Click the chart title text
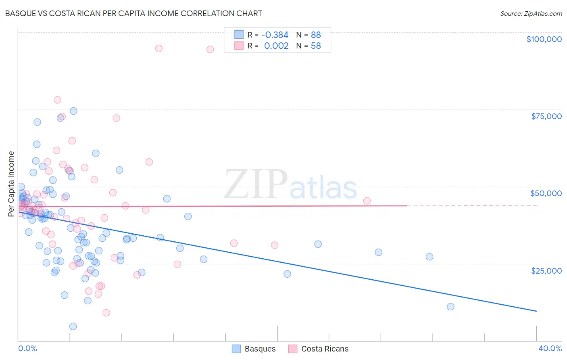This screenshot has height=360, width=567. [133, 13]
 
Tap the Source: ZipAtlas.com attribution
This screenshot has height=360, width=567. [531, 13]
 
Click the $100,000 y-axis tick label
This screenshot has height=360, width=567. [544, 39]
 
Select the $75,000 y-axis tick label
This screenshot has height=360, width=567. [546, 116]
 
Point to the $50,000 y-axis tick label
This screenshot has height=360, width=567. [546, 193]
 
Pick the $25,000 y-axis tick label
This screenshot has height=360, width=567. [546, 271]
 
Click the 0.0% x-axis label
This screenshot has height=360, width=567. [27, 348]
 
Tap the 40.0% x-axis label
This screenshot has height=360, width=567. [550, 348]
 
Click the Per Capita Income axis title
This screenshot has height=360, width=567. [11, 184]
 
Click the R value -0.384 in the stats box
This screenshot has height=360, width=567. [275, 35]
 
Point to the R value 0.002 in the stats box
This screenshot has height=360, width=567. [276, 46]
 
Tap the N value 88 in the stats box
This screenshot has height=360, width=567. [316, 35]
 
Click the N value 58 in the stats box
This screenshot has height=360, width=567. [316, 46]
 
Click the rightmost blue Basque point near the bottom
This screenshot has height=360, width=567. [450, 307]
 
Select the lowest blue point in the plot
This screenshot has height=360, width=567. [73, 327]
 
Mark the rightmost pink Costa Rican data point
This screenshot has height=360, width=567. [367, 201]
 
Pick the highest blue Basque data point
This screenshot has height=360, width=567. [73, 111]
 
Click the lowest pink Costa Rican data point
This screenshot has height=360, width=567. [106, 313]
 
